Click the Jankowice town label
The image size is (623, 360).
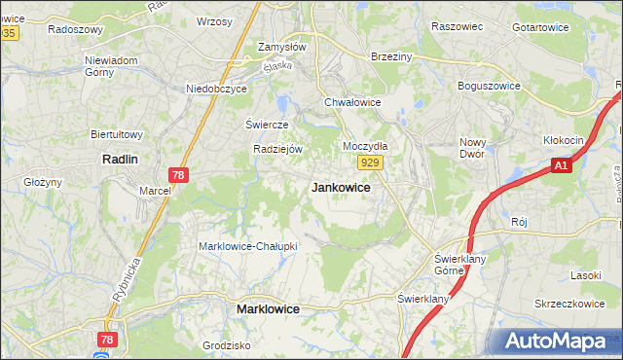pos(340,188)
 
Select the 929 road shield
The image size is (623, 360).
pos(369,163)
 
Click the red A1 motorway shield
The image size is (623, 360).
pos(561,166)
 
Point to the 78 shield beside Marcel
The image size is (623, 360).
pos(177,175)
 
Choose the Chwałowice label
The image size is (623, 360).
pos(351,101)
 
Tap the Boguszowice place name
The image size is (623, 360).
pos(492,85)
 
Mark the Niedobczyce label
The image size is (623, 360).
pos(217,89)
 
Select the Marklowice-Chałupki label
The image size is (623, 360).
pos(247,246)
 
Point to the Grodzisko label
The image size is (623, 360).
pos(227,345)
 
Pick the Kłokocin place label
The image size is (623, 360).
pos(564,140)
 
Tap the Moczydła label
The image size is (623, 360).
pos(366,146)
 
